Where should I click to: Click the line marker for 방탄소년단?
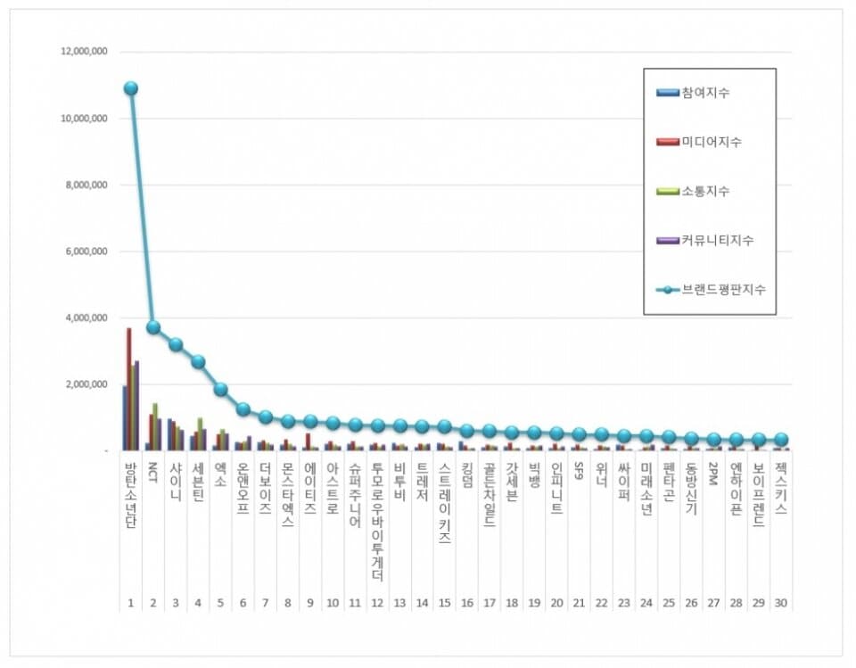[x=131, y=88]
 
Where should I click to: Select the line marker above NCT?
[x=153, y=327]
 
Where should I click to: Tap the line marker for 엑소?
[x=220, y=389]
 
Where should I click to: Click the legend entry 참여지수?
[x=705, y=93]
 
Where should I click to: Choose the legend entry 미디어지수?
[x=711, y=142]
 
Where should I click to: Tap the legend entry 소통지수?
[x=705, y=191]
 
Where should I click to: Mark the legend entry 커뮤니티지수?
[x=716, y=240]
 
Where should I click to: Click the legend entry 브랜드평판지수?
[x=721, y=289]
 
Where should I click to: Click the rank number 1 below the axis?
[x=131, y=603]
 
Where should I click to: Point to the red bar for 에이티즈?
[x=309, y=441]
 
